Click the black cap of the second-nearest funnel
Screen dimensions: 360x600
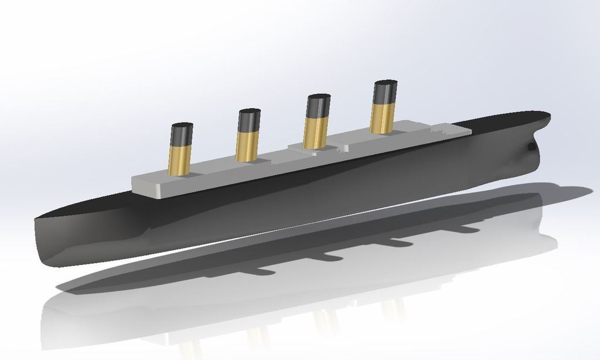[x=248, y=121]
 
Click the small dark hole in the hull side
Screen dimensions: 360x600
[x=531, y=147]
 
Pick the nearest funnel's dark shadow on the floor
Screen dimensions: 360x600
[x=258, y=271]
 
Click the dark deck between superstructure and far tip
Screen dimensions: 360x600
[x=504, y=121]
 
